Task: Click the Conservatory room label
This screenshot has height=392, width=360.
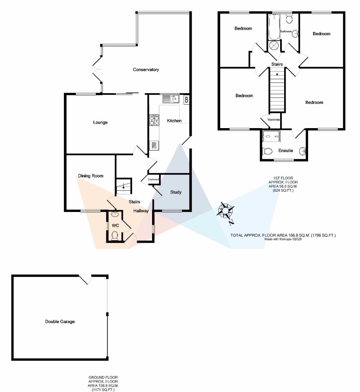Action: coord(146,70)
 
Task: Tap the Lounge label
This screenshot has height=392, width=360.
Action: coord(100,123)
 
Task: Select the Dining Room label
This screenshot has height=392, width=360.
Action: coord(91,176)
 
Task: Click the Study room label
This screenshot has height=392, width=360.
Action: coord(176,192)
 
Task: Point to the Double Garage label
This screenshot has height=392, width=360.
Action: coord(60,322)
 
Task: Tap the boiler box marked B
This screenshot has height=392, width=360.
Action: coord(187,99)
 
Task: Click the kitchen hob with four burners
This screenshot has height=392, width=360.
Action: coord(154,120)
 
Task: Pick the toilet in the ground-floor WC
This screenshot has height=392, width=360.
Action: coord(115,236)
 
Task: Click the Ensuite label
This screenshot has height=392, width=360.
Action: coord(286,150)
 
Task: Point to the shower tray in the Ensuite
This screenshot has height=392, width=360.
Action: coord(271,137)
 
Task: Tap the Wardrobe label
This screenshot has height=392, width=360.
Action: coord(273,119)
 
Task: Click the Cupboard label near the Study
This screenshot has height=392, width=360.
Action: coord(153,179)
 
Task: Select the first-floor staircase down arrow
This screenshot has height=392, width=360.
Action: coord(277,74)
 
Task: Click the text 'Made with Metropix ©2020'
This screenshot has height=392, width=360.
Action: coord(283,239)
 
